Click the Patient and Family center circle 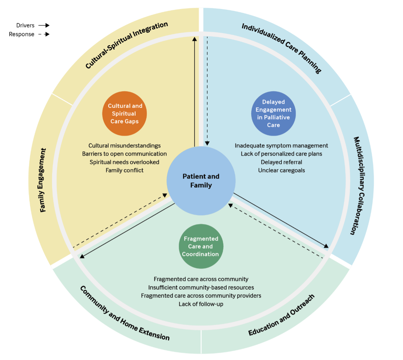pos(201,181)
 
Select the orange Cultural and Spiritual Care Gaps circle pos(124,113)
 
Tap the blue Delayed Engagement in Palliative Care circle pos(273,113)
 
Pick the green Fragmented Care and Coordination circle pos(201,246)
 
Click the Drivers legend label pos(25,25)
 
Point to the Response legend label pos(21,34)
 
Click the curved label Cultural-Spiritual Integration pos(126,45)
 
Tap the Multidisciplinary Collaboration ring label pos(359,186)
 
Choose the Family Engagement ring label pos(42,180)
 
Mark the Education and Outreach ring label pos(281,315)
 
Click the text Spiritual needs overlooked pos(124,162)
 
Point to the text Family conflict pos(124,170)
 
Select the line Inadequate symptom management pos(281,146)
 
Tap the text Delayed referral pos(281,162)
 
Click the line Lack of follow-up pos(201,304)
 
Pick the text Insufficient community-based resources pos(201,287)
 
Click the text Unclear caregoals pos(281,170)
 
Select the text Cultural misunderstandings pos(124,146)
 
